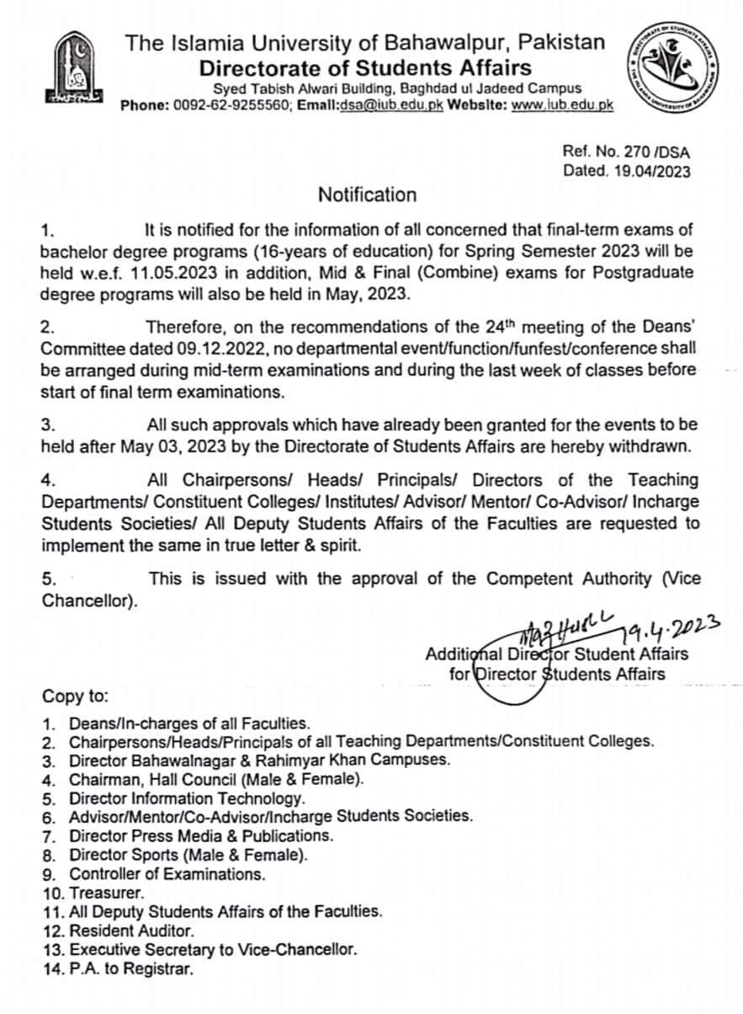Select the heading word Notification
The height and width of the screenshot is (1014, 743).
[367, 195]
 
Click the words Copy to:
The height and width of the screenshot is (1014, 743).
[74, 696]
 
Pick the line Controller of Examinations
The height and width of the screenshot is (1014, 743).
[167, 873]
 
